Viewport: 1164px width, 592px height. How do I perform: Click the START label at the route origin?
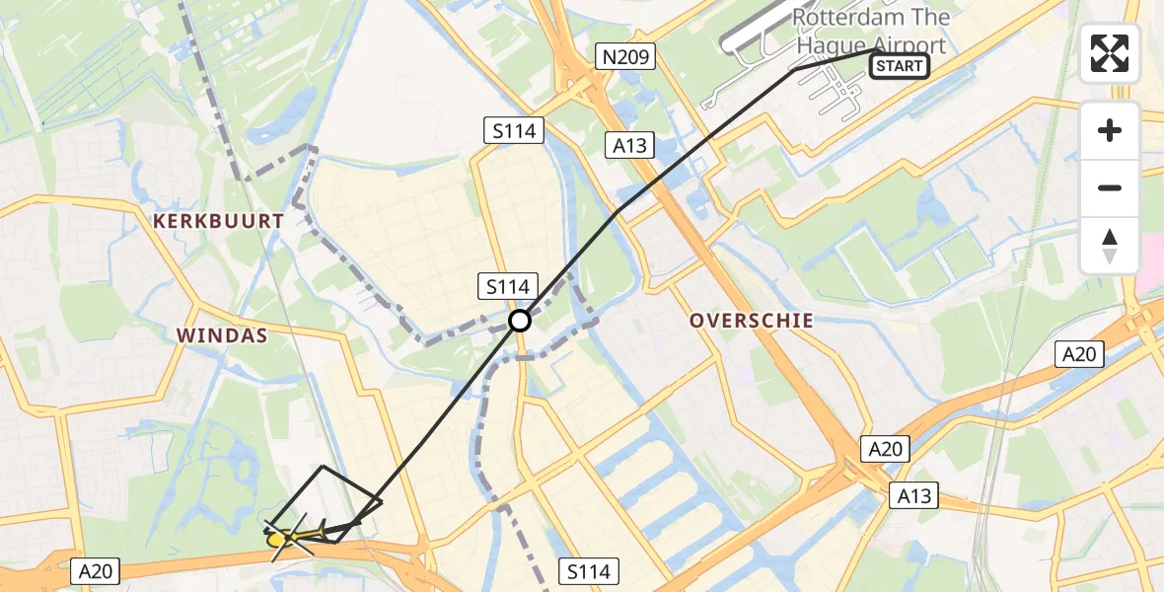[x=899, y=66]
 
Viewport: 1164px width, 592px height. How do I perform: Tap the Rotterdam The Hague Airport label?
[x=870, y=31]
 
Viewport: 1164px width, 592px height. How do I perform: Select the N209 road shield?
[x=626, y=57]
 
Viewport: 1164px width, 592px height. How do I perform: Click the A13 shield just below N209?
[x=628, y=146]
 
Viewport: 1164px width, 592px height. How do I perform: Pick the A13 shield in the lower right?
[x=913, y=494]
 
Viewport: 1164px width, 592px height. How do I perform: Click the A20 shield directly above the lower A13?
[x=885, y=449]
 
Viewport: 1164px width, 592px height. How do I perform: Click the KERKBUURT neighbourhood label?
[x=219, y=222]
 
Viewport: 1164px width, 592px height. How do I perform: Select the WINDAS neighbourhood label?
[x=222, y=335]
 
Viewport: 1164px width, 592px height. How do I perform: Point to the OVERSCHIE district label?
[x=752, y=321]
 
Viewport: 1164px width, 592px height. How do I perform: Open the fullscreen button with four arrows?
[x=1110, y=53]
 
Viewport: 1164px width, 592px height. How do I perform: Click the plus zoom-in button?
[x=1110, y=130]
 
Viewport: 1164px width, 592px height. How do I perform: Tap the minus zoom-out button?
[x=1110, y=187]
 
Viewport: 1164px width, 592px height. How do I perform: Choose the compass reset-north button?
[x=1110, y=245]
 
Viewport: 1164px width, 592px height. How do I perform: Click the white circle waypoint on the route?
[x=520, y=321]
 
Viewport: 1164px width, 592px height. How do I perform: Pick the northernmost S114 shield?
[x=514, y=129]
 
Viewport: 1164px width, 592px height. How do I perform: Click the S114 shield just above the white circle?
[x=508, y=287]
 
